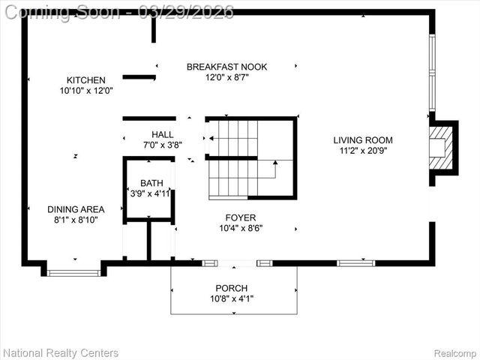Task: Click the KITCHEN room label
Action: coord(86,80)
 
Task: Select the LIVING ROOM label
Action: coord(363,139)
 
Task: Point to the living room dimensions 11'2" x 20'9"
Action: coord(363,150)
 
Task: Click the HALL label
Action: coord(162,135)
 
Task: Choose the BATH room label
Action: coord(151,183)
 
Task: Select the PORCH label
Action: coord(231,288)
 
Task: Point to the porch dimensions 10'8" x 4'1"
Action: coord(231,298)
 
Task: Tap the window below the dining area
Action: coord(73,272)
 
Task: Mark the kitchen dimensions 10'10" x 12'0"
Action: coord(86,91)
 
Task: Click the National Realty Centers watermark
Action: coord(61,352)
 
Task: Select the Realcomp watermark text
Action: coord(455,352)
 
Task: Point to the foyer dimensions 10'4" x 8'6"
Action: coord(241,228)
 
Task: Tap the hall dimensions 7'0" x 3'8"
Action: coord(162,145)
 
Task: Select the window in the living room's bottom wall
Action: coord(355,263)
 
